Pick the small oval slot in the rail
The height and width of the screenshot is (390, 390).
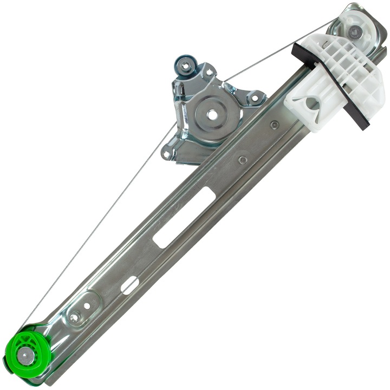point(128,285)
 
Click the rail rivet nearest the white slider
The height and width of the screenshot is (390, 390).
point(275,125)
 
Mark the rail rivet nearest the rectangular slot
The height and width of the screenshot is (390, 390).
point(243,160)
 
